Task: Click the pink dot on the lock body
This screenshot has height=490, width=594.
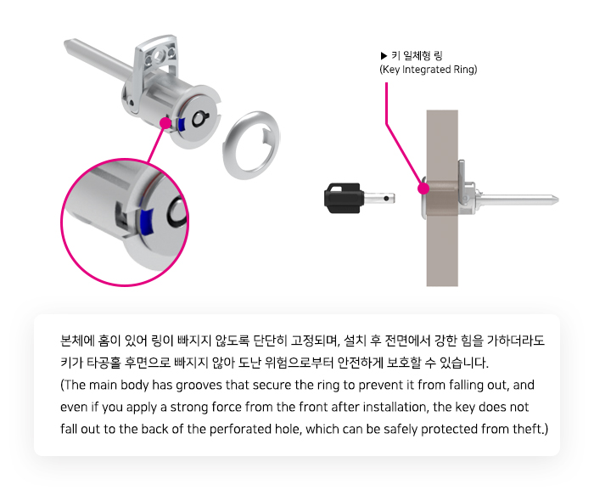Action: (165, 123)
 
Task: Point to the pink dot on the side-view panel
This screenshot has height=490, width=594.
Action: (423, 189)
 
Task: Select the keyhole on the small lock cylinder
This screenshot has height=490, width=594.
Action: (199, 118)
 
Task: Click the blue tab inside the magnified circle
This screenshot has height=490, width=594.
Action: (147, 221)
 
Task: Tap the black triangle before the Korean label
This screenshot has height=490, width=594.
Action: (384, 56)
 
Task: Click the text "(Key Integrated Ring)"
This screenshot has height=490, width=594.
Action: (428, 70)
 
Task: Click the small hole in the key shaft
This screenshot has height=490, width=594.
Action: (386, 198)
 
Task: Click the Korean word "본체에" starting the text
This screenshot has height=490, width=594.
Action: (77, 341)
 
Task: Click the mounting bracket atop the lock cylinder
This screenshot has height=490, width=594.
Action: (155, 60)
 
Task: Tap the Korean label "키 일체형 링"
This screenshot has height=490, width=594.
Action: (417, 56)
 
